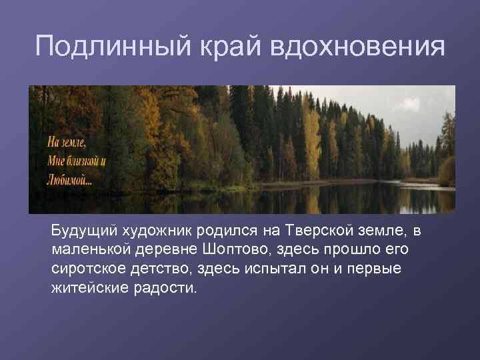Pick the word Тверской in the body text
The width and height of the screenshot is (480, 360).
point(314,231)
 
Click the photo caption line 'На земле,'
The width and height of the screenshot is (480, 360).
point(67,142)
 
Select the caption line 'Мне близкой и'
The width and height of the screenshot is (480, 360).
point(77,161)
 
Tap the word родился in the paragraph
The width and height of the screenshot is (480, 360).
point(224,231)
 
